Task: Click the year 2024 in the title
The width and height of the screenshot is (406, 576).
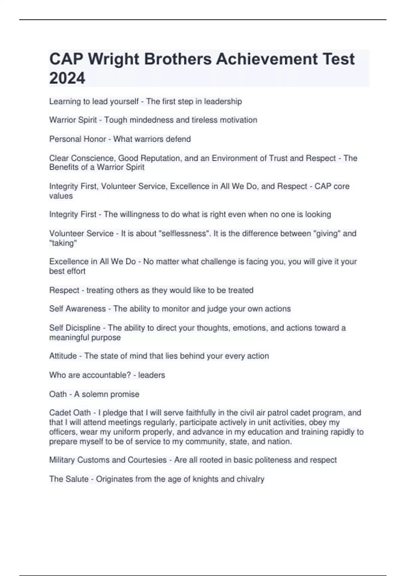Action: pyautogui.click(x=67, y=78)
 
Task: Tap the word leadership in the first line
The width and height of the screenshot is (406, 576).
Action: pyautogui.click(x=223, y=101)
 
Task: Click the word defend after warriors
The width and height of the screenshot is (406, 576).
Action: pyautogui.click(x=179, y=139)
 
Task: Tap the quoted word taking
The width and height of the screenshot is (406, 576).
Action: pyautogui.click(x=63, y=243)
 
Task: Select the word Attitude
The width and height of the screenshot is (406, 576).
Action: pyautogui.click(x=63, y=356)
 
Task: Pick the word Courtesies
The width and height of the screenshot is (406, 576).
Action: pyautogui.click(x=147, y=460)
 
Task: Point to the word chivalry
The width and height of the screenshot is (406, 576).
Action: pyautogui.click(x=250, y=479)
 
